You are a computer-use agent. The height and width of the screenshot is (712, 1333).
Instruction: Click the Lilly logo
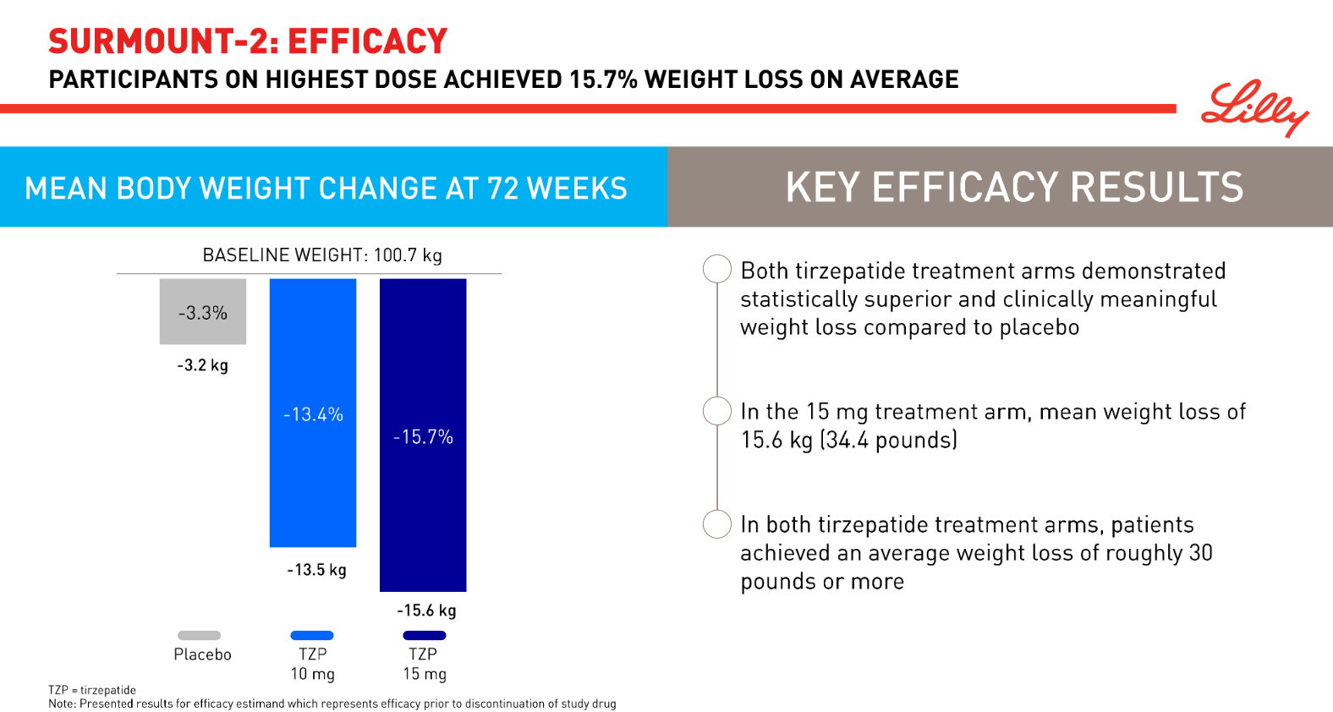[1254, 107]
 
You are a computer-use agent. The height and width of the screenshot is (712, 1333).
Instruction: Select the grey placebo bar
[203, 311]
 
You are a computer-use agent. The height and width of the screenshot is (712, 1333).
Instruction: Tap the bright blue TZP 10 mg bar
[313, 413]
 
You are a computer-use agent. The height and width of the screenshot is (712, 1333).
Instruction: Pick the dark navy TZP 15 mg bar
[423, 435]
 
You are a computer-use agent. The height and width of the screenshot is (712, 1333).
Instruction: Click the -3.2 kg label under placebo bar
[202, 364]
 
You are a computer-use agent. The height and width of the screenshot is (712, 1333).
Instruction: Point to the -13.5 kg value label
[316, 570]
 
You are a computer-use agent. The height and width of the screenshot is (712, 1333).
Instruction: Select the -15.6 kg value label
[426, 611]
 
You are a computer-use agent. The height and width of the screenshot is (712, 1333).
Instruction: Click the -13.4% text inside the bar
[313, 414]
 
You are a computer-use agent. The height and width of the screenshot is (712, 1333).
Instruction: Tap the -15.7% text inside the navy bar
[423, 437]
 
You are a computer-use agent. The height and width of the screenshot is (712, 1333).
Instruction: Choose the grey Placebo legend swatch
[200, 635]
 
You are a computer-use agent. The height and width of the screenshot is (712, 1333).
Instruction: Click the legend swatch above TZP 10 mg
[312, 635]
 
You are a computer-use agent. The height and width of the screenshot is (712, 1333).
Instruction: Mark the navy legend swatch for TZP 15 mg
[425, 635]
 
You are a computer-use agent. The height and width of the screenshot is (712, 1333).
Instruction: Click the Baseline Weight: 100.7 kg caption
[322, 255]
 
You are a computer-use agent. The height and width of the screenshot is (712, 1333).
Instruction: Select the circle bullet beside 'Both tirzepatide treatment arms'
[717, 269]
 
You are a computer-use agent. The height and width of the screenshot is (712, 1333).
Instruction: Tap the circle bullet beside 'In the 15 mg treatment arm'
[717, 411]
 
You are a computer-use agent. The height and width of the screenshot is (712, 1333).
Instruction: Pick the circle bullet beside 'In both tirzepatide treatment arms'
[717, 524]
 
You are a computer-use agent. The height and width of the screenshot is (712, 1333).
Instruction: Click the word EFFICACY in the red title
[367, 41]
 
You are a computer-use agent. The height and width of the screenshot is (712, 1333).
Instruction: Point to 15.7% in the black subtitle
[603, 79]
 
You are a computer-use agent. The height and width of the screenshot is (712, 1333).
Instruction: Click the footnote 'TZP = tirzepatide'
[92, 690]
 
